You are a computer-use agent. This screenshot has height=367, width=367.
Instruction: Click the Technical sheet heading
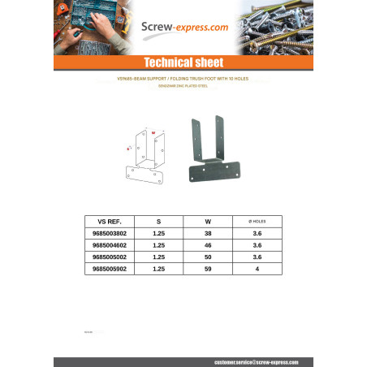pyautogui.click(x=183, y=63)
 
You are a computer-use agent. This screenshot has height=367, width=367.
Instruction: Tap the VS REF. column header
pyautogui.click(x=108, y=220)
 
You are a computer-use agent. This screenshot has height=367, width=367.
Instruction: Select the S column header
pyautogui.click(x=158, y=220)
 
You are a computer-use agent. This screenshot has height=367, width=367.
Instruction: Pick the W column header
pyautogui.click(x=209, y=220)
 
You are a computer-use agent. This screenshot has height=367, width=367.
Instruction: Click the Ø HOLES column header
pyautogui.click(x=257, y=220)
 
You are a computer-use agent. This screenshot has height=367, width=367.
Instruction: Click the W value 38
pyautogui.click(x=209, y=232)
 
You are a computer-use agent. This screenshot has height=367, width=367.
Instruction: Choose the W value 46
pyautogui.click(x=209, y=244)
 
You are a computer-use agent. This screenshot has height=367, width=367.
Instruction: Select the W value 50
pyautogui.click(x=209, y=256)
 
